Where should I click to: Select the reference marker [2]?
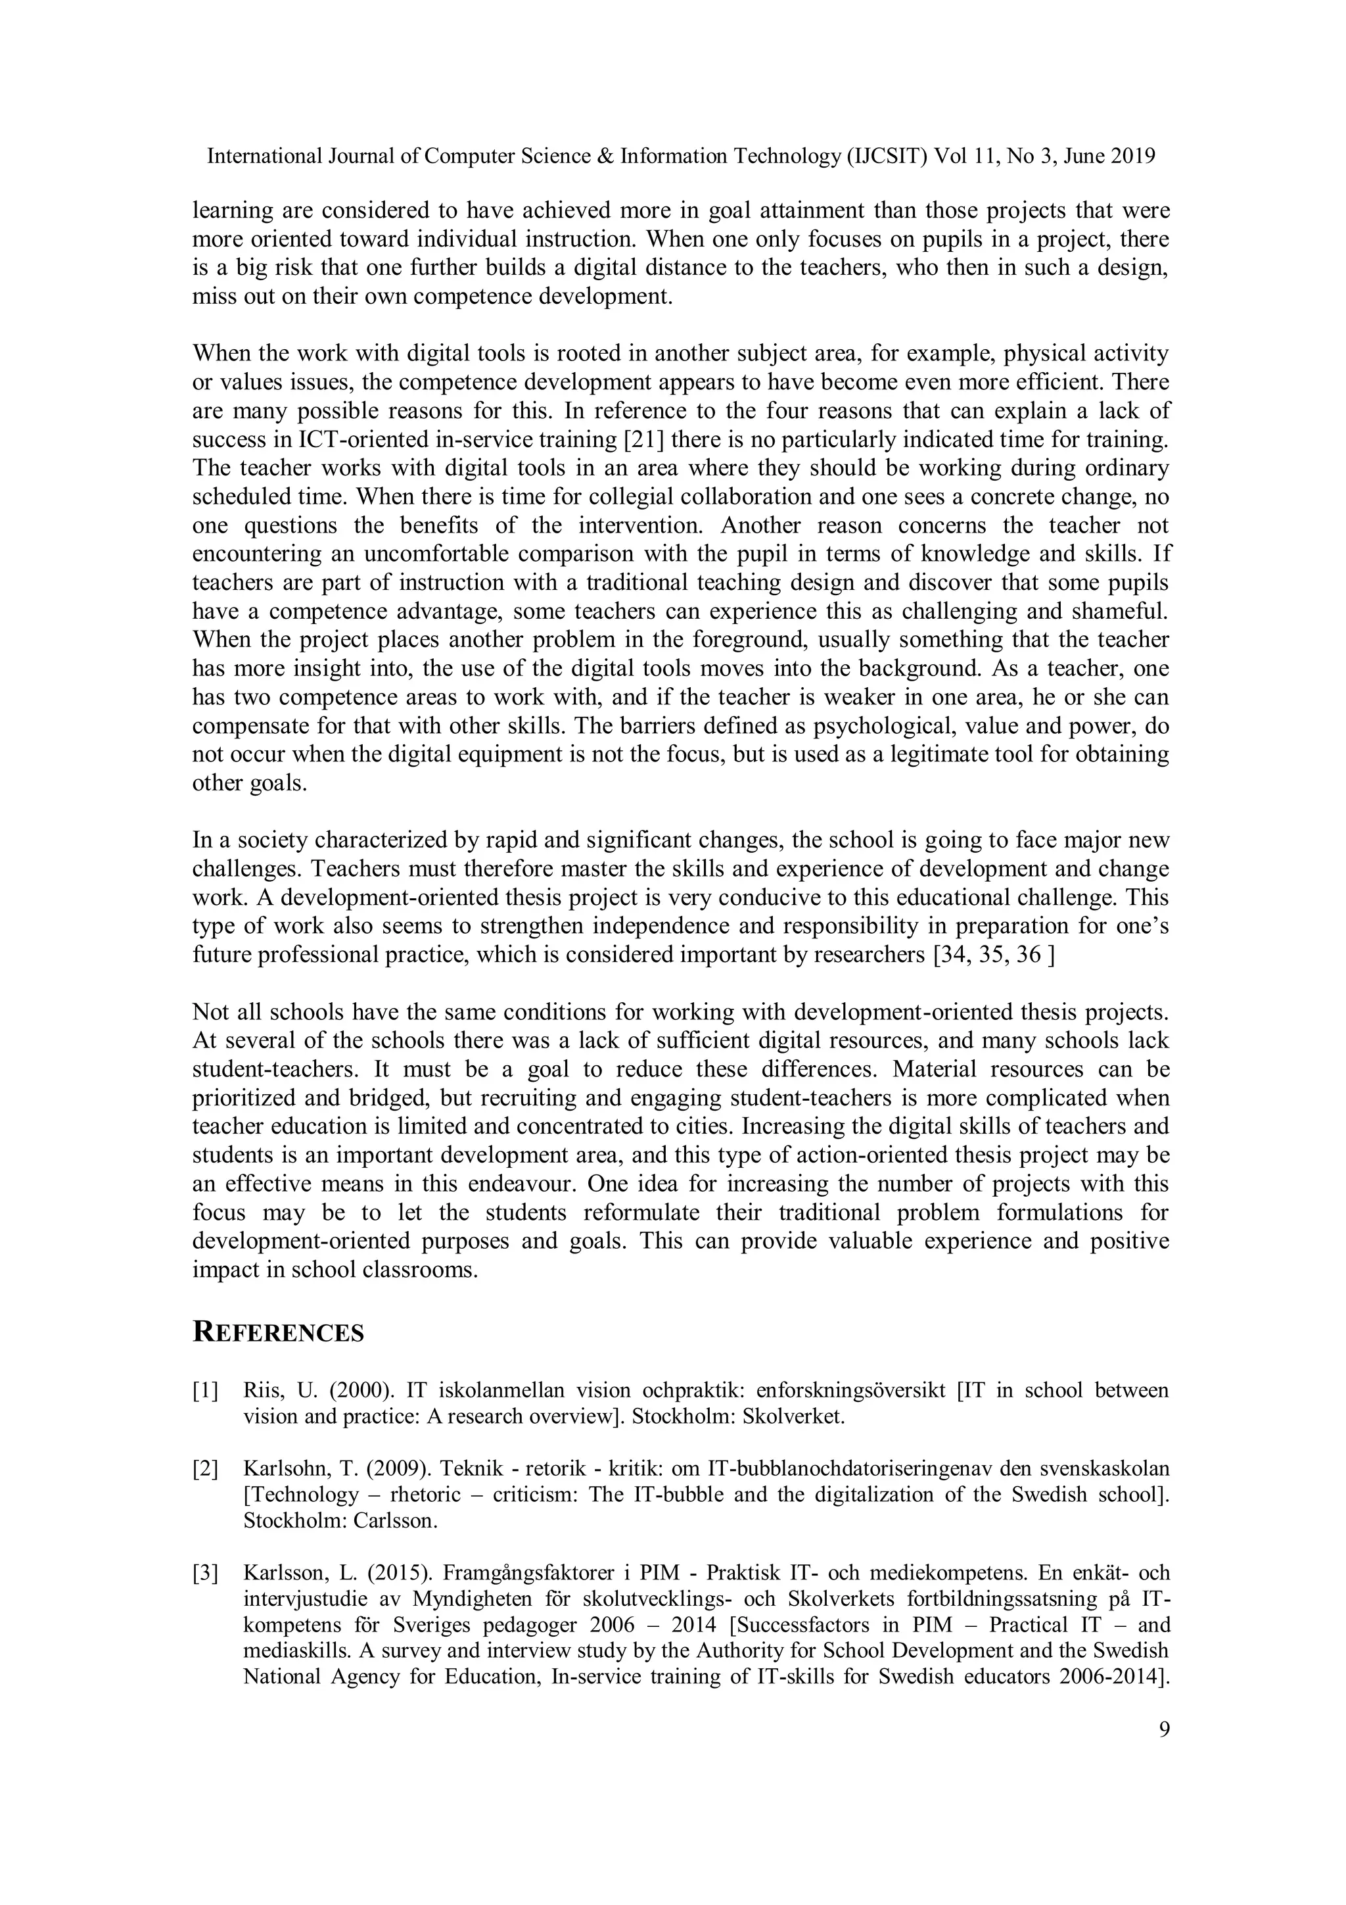click(x=206, y=1468)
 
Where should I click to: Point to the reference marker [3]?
click(x=206, y=1572)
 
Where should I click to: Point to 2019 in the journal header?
click(x=1133, y=156)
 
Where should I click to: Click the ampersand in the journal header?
click(x=605, y=156)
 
